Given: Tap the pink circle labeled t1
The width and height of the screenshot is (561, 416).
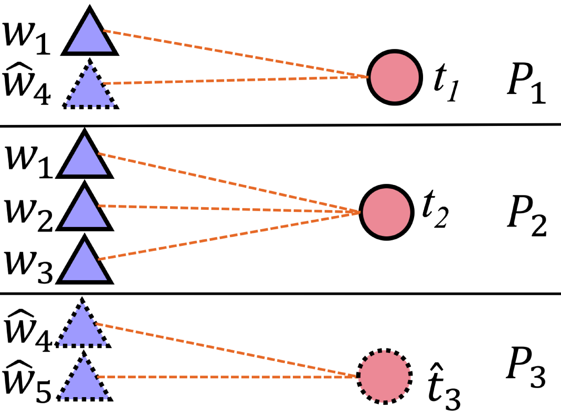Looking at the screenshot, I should click(x=395, y=77).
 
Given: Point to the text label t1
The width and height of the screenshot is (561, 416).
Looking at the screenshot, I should click(x=445, y=82).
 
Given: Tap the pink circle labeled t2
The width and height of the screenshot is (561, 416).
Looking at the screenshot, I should click(x=387, y=212).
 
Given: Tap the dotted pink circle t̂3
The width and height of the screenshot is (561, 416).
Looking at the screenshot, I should click(x=384, y=376).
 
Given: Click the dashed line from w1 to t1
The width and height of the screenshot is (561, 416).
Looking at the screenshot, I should click(x=235, y=54).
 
